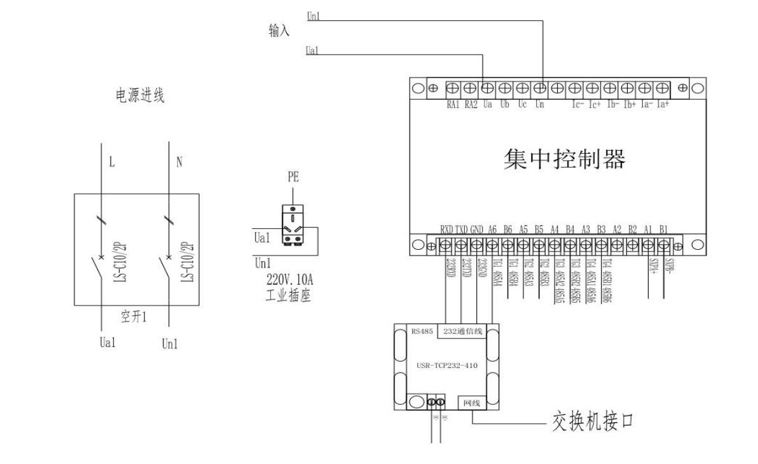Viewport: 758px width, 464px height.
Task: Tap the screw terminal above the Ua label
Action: tap(488, 88)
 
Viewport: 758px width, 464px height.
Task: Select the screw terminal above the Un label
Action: tap(540, 88)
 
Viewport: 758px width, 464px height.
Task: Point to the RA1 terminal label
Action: tap(453, 104)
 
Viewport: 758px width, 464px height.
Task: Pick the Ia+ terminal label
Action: tap(663, 104)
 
